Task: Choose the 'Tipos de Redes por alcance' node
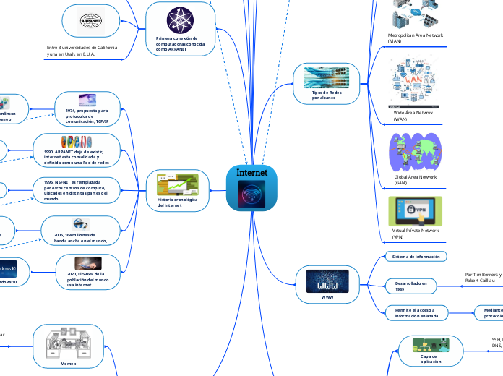tap(326, 82)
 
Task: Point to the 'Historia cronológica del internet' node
tap(173, 190)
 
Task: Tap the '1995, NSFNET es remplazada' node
tap(75, 190)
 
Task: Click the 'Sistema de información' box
tap(416, 256)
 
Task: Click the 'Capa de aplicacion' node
tap(431, 351)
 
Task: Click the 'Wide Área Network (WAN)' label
tap(413, 116)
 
